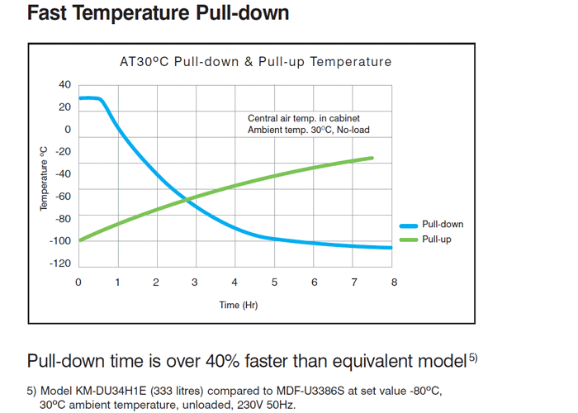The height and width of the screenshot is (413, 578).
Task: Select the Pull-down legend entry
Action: (x=443, y=225)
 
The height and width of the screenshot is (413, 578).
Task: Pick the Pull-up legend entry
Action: (x=437, y=240)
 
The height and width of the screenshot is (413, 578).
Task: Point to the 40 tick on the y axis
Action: (x=65, y=85)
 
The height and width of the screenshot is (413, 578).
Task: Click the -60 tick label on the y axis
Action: (x=64, y=197)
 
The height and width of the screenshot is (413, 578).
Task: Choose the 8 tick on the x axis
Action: (x=394, y=282)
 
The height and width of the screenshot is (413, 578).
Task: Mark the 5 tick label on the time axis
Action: (x=275, y=282)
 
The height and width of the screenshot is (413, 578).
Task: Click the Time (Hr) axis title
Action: (x=239, y=305)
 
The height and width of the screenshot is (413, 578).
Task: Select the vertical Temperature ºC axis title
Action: (x=45, y=178)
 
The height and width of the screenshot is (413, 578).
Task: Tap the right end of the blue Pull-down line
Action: (x=391, y=248)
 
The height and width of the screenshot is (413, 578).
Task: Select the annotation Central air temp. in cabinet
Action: (x=303, y=119)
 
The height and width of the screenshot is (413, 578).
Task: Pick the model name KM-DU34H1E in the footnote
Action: (x=111, y=390)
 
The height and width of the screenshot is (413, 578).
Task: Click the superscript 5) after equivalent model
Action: (x=472, y=357)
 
